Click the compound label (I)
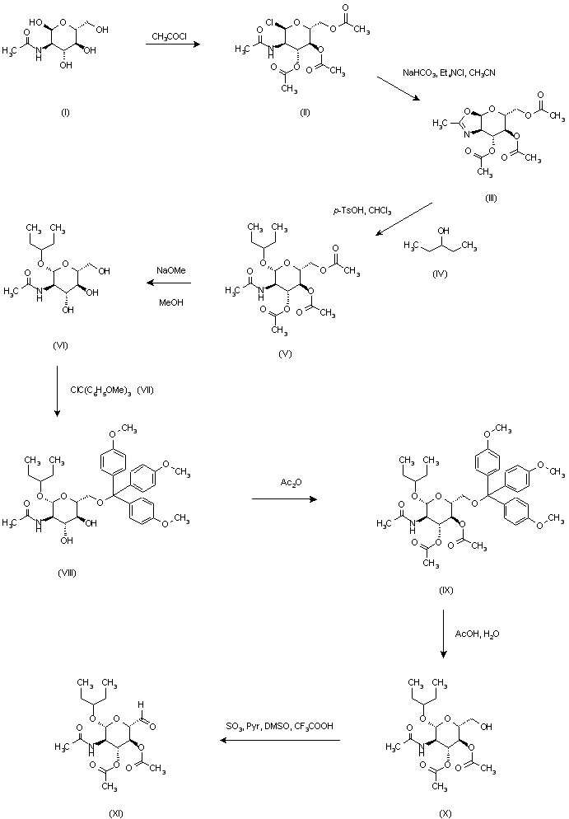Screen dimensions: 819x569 click(65, 113)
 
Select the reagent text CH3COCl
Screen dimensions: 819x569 click(172, 35)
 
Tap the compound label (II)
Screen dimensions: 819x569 click(304, 113)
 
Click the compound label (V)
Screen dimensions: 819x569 click(286, 353)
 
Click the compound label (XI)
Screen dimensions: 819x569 click(115, 812)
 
